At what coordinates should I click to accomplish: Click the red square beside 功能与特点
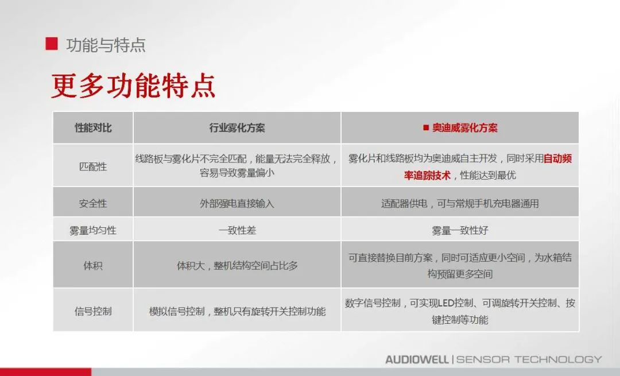coord(52,44)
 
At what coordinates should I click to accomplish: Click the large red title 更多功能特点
coord(133,86)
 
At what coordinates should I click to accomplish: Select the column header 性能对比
coord(93,127)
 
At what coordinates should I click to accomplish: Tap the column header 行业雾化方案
coord(237,127)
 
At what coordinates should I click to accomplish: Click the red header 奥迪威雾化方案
coord(464,127)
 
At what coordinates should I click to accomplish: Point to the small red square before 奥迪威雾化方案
coord(426,127)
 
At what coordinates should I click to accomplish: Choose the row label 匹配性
coord(93,166)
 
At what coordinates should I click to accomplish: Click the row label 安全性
coord(93,203)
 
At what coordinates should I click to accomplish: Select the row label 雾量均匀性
coord(93,230)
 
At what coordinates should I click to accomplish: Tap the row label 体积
coord(93,266)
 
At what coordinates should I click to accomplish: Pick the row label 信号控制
coord(93,311)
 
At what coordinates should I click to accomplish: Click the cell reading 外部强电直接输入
coord(237,203)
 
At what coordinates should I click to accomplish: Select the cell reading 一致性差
coord(237,230)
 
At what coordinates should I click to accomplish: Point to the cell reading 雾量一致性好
coord(460,230)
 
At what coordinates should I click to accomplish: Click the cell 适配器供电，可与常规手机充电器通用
coord(460,203)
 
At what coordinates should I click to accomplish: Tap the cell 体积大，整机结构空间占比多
coord(237,266)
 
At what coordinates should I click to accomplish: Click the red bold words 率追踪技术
coord(427,175)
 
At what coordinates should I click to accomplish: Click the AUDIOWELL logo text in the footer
coord(417,359)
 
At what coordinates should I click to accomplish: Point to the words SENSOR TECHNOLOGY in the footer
coord(529,359)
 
